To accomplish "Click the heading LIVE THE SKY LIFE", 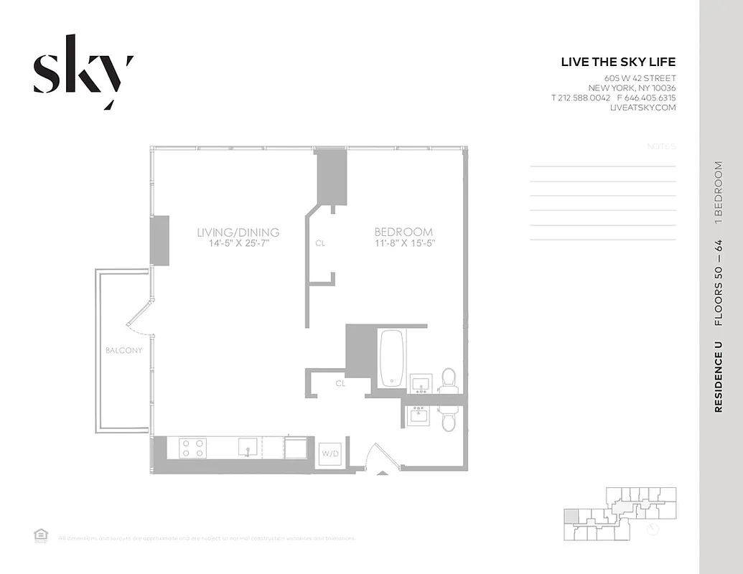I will (x=618, y=62).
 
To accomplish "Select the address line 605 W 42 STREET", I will (x=640, y=77).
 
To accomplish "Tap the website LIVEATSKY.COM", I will (x=642, y=108).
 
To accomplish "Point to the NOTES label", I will (x=661, y=146).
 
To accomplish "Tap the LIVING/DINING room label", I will (x=238, y=232).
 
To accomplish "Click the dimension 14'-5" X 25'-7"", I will (x=238, y=243).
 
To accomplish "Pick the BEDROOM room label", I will (x=403, y=232).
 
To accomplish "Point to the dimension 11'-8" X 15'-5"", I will (x=403, y=243).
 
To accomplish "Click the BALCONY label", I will (x=123, y=351).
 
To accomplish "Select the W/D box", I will (x=330, y=454).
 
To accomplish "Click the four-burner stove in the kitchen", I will (x=193, y=448).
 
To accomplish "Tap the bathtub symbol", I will (x=392, y=357).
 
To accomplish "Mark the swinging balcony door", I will (x=140, y=318).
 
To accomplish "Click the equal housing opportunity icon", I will (x=40, y=535).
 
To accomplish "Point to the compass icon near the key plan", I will (x=653, y=529).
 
